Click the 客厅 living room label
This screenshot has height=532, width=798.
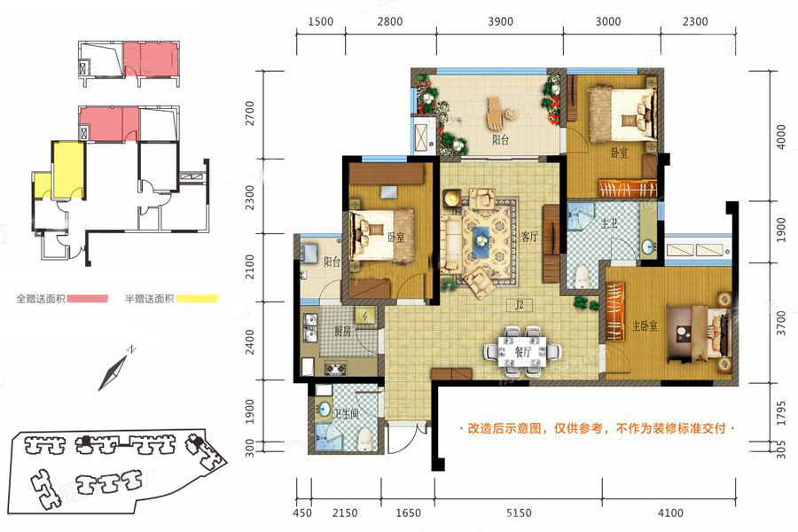530,236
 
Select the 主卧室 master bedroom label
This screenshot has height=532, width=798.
645,325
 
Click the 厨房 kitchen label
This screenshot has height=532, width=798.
342,332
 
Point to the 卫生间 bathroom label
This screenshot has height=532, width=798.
346,414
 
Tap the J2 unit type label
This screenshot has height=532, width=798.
519,305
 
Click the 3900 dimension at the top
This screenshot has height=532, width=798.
500,21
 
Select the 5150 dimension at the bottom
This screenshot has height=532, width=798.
519,512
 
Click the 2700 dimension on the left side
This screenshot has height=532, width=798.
249,113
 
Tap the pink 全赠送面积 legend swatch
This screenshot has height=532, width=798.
88,299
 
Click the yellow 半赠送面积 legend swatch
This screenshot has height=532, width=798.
197,299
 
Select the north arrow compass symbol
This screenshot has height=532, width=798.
114,370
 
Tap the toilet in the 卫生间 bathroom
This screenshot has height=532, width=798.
366,439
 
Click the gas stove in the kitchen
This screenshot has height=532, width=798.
335,367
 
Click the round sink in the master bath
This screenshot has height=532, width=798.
648,246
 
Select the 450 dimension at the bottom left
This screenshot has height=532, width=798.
302,512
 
